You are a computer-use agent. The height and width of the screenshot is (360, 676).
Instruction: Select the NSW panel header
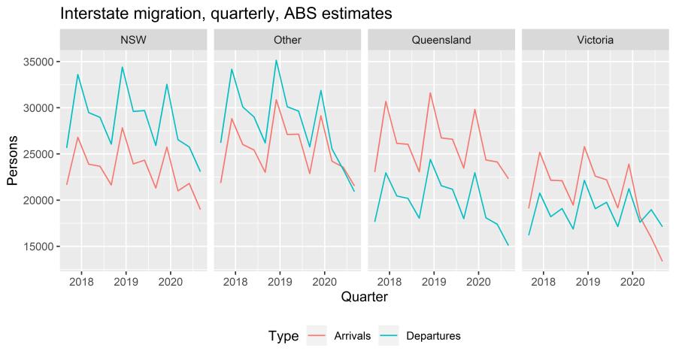(x=134, y=40)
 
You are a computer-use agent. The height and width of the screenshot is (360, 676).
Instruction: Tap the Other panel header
(x=287, y=40)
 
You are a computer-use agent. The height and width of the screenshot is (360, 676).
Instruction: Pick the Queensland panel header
(x=441, y=40)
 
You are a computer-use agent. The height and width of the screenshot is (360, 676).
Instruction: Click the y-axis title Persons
(x=14, y=155)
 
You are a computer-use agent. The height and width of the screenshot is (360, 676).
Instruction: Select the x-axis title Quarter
(x=364, y=298)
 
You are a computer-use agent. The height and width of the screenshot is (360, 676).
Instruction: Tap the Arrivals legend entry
(x=352, y=336)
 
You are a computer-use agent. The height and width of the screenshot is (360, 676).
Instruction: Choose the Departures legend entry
(x=432, y=336)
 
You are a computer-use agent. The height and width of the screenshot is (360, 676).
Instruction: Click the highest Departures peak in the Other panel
(x=277, y=60)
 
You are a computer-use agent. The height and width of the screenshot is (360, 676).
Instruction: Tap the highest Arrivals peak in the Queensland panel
(x=430, y=93)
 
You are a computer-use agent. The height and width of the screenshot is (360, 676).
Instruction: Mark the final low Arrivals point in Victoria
(x=662, y=262)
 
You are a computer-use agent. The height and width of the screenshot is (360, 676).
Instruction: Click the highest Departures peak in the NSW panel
(x=123, y=67)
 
